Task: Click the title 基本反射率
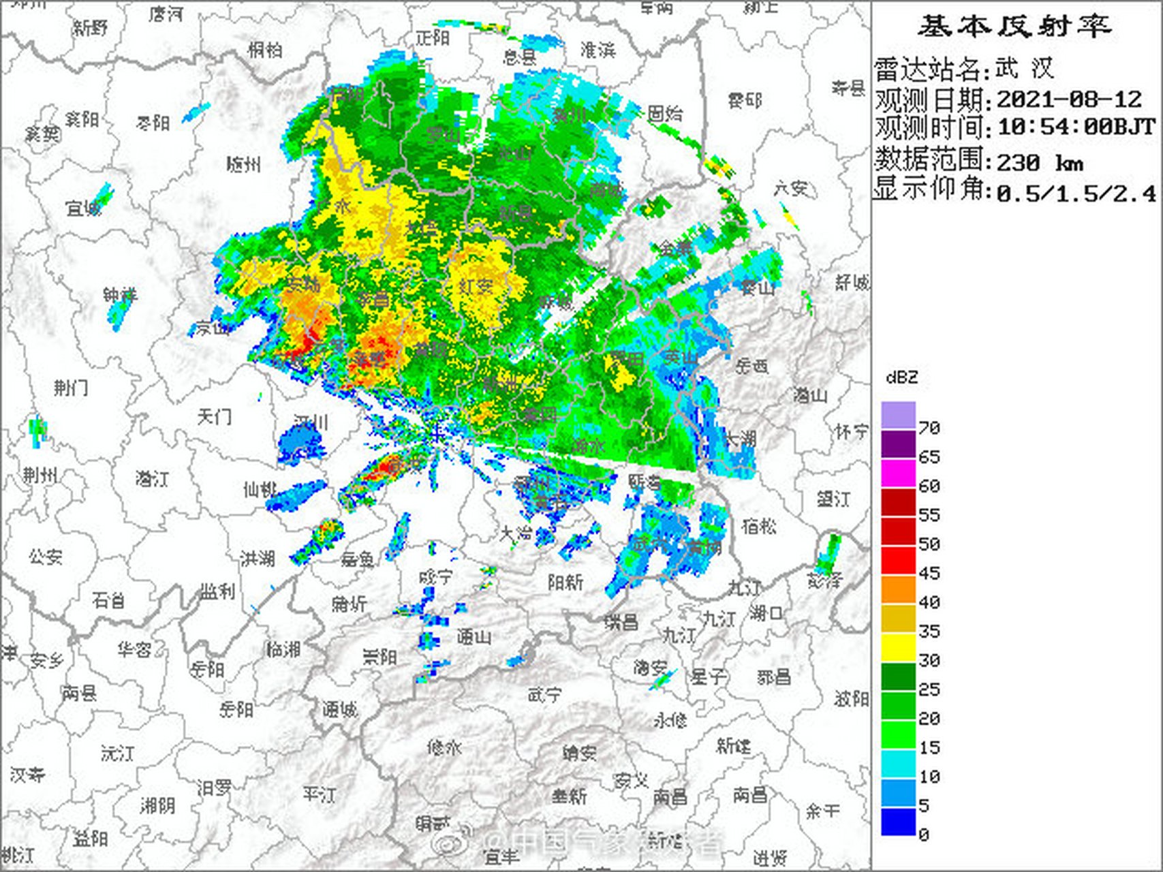click(x=1014, y=27)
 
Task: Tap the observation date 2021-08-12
click(x=1068, y=100)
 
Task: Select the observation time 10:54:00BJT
click(x=1076, y=127)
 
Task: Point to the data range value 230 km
click(x=1039, y=163)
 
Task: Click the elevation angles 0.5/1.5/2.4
click(x=1076, y=193)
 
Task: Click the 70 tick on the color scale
click(x=929, y=428)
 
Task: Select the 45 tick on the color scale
click(x=929, y=574)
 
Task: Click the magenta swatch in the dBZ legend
click(x=898, y=473)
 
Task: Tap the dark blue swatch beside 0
click(x=898, y=822)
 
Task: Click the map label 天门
click(x=214, y=416)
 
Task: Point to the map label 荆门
click(x=71, y=388)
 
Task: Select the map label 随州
click(x=243, y=164)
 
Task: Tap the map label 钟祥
click(x=121, y=295)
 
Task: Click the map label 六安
click(x=790, y=187)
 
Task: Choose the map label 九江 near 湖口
click(x=719, y=618)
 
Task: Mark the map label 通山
click(x=474, y=637)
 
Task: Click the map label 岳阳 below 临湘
click(x=236, y=709)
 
